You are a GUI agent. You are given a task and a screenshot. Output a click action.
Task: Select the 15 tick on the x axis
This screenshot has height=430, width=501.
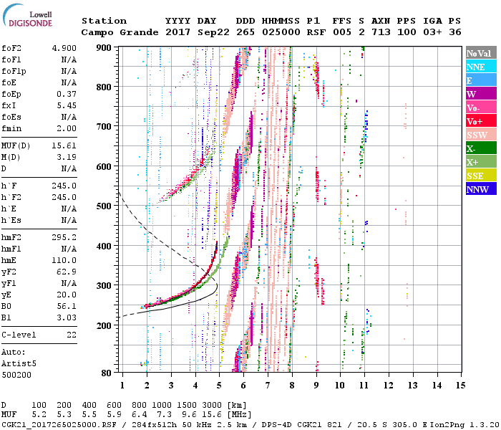pyautogui.click(x=459, y=386)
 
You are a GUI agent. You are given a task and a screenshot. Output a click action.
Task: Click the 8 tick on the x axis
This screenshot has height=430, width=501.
pyautogui.click(x=291, y=386)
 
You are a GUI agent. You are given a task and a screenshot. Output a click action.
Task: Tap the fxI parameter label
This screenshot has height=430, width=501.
pyautogui.click(x=10, y=105)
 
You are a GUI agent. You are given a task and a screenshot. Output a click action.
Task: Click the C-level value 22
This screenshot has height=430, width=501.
pyautogui.click(x=69, y=335)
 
